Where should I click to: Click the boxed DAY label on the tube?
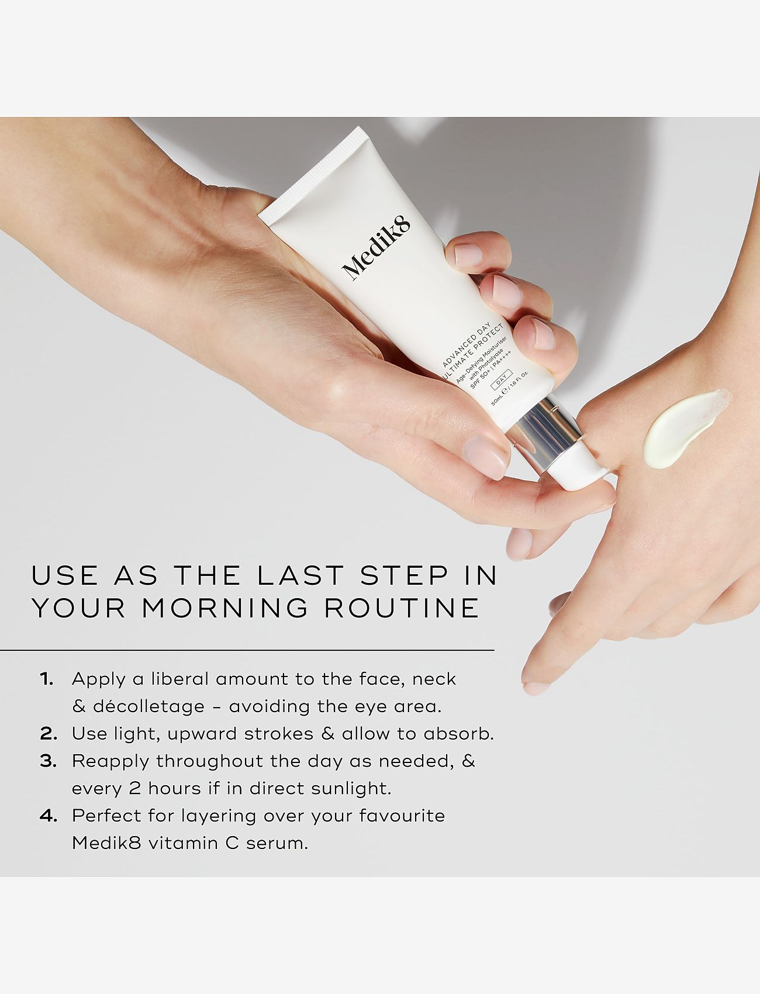click(x=502, y=379)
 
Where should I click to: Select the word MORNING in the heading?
click(x=225, y=608)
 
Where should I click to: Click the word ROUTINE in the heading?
click(x=402, y=608)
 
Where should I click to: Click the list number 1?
click(x=47, y=679)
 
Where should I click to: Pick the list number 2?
click(x=49, y=734)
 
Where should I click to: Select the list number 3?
click(x=49, y=761)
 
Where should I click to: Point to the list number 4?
click(x=49, y=816)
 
